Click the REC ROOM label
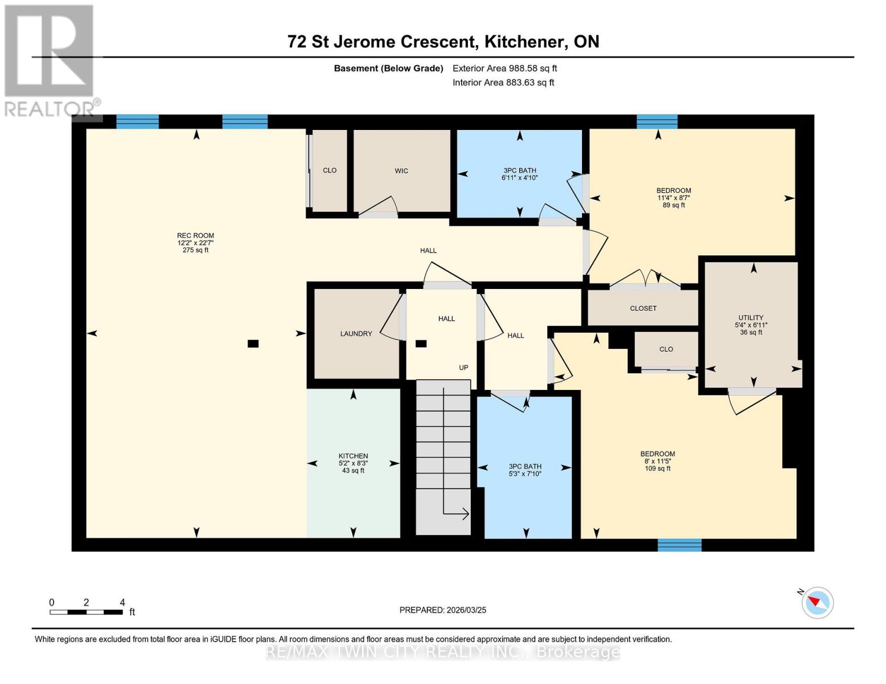pyautogui.click(x=195, y=235)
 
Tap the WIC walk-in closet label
pyautogui.click(x=401, y=171)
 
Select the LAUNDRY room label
pyautogui.click(x=356, y=334)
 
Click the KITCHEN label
pyautogui.click(x=353, y=456)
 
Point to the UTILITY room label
pyautogui.click(x=751, y=318)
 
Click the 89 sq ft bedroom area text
pyautogui.click(x=674, y=205)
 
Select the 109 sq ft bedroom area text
pyautogui.click(x=657, y=469)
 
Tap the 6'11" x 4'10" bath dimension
pyautogui.click(x=519, y=178)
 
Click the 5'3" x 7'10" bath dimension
pyautogui.click(x=525, y=474)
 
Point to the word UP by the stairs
pyautogui.click(x=463, y=368)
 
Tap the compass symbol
pyautogui.click(x=817, y=602)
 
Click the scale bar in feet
pyautogui.click(x=86, y=612)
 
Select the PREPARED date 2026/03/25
pyautogui.click(x=443, y=610)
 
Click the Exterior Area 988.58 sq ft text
pyautogui.click(x=504, y=68)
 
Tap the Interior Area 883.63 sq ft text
pyautogui.click(x=503, y=83)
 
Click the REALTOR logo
pyautogui.click(x=50, y=60)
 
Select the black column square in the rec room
pyautogui.click(x=253, y=343)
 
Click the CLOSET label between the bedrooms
pyautogui.click(x=643, y=308)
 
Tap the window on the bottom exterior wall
pyautogui.click(x=679, y=545)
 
